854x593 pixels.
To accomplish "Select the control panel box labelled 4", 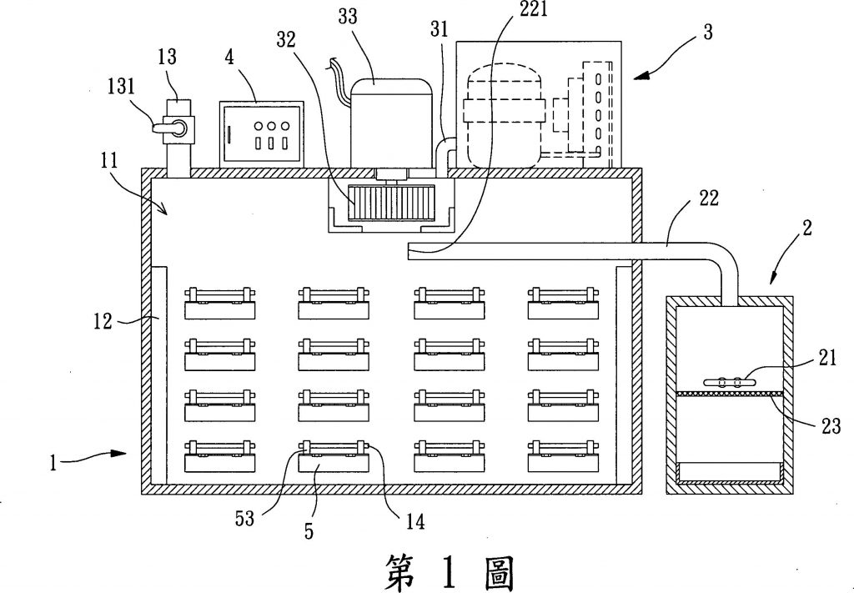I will click(x=261, y=133).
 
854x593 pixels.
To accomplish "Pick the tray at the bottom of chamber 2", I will click(x=729, y=475).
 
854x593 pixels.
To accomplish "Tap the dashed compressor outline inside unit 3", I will click(x=505, y=117).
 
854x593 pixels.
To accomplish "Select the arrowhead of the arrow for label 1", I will click(x=125, y=454).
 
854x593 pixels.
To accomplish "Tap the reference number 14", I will click(x=414, y=522).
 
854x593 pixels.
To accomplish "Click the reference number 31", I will click(x=440, y=30).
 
